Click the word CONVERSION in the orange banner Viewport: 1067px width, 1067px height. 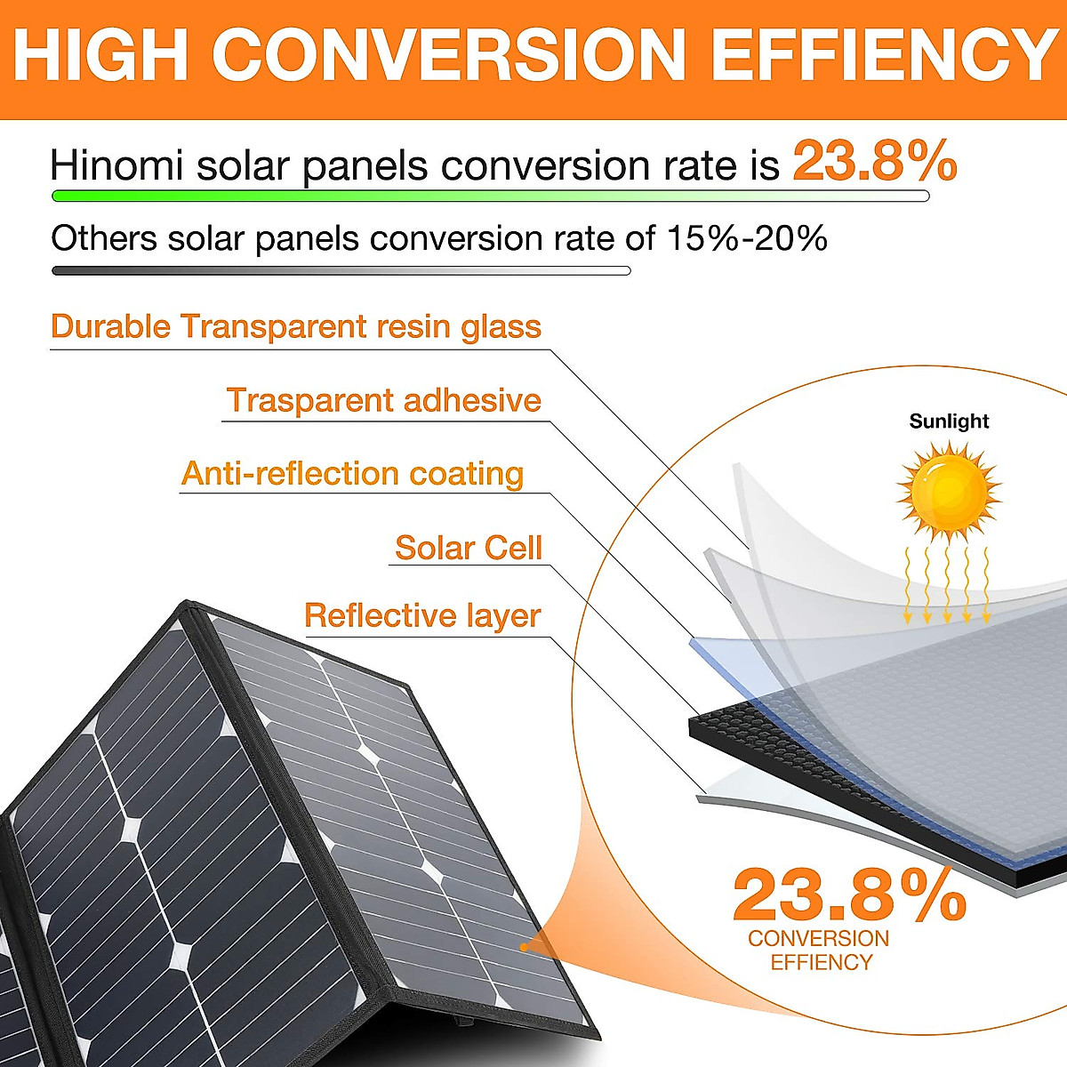point(449,55)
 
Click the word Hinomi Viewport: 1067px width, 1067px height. point(116,166)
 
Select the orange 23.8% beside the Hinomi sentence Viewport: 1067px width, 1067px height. point(874,161)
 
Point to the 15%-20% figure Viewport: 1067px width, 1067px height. point(747,238)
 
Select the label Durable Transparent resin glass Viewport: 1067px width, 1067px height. point(296,326)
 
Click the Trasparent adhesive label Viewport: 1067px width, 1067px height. point(383,400)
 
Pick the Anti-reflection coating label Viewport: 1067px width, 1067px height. point(352,473)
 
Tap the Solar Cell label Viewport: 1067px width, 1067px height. point(468,548)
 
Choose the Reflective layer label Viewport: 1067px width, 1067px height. point(422,615)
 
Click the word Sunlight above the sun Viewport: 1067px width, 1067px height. point(949,421)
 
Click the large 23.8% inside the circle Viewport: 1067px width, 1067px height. point(849,896)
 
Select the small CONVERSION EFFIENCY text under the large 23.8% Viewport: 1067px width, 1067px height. point(819,950)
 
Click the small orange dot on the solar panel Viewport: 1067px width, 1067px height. point(525,947)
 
